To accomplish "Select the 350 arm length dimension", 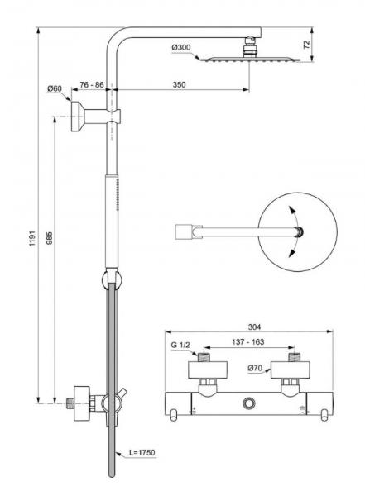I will point(180,84).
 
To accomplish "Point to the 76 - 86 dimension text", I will point(87,84).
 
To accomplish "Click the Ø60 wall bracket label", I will point(55,88).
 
